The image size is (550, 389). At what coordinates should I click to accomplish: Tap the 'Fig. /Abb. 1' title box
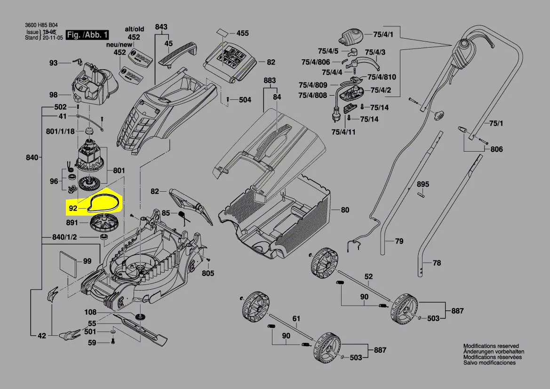pyautogui.click(x=88, y=35)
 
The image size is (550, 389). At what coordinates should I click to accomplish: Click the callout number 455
pyautogui.click(x=242, y=33)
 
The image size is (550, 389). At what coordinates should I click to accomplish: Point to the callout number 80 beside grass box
pyautogui.click(x=345, y=210)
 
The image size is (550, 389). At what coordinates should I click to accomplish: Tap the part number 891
pyautogui.click(x=72, y=222)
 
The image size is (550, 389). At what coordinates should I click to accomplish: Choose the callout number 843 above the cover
pyautogui.click(x=161, y=27)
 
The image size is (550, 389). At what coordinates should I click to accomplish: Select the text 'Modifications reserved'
pyautogui.click(x=491, y=346)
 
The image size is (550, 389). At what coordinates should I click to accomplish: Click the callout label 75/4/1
pyautogui.click(x=383, y=35)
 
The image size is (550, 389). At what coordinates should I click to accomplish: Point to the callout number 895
pyautogui.click(x=423, y=184)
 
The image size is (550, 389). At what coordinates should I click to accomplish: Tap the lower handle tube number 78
pyautogui.click(x=437, y=263)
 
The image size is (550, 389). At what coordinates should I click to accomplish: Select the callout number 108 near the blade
pyautogui.click(x=90, y=312)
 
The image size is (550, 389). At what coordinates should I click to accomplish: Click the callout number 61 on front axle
pyautogui.click(x=296, y=319)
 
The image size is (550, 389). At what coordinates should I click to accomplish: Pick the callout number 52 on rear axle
pyautogui.click(x=368, y=276)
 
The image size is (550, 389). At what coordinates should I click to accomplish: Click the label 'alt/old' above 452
pyautogui.click(x=134, y=28)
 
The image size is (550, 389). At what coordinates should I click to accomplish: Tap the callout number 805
pyautogui.click(x=208, y=273)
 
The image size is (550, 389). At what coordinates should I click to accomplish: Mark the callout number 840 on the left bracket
pyautogui.click(x=32, y=158)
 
